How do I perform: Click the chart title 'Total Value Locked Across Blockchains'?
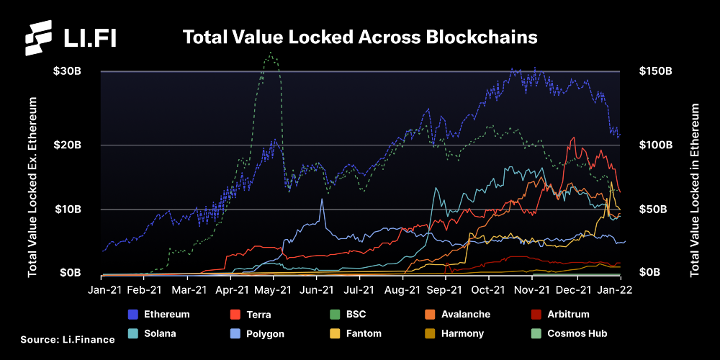point(360,37)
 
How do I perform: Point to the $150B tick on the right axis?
point(655,71)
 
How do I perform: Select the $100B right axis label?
point(655,145)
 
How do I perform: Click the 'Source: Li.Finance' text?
point(67,339)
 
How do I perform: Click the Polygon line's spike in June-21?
point(322,199)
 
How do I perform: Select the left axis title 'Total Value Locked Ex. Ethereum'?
point(32,187)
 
